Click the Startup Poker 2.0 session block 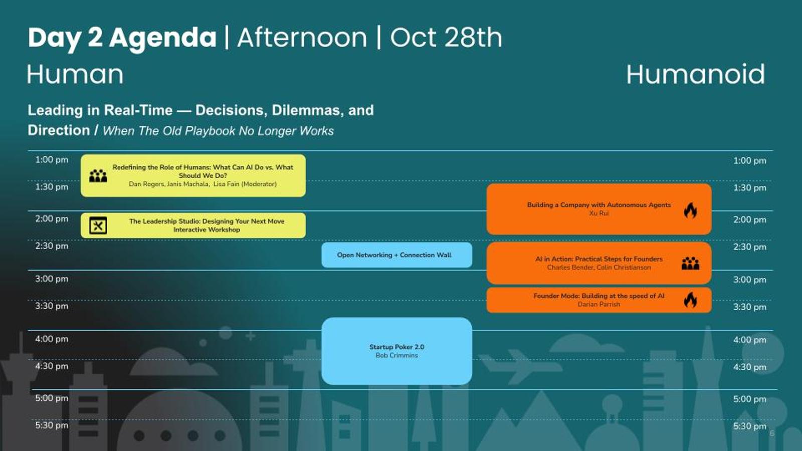click(x=396, y=351)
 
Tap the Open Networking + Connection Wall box click(x=396, y=255)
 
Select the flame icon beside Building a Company click(x=690, y=210)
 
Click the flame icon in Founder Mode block click(x=690, y=300)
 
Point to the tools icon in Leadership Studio click(x=98, y=225)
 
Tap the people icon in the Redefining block click(x=98, y=176)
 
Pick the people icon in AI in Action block click(x=690, y=264)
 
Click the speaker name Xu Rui click(x=598, y=213)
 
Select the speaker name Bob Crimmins click(x=396, y=355)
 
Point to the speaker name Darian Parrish click(x=598, y=304)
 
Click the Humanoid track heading click(x=696, y=74)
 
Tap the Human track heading click(x=76, y=74)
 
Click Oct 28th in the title click(x=446, y=37)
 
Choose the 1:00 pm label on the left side click(x=52, y=160)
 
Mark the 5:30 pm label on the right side click(x=750, y=426)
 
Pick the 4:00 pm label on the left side click(x=52, y=339)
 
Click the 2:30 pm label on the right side click(x=750, y=247)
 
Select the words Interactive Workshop click(x=207, y=230)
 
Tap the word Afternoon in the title click(x=302, y=37)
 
